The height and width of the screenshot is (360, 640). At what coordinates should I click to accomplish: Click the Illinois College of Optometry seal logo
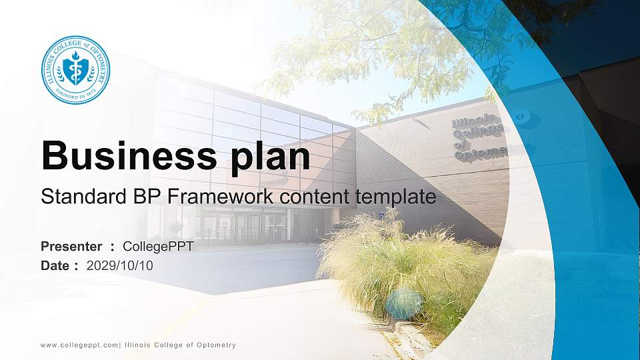[x=75, y=70]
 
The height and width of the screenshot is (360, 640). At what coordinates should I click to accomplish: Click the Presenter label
[x=71, y=247]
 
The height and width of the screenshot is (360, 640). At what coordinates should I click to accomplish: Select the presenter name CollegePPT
[x=159, y=247]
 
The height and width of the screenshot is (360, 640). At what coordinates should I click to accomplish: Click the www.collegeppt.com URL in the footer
[x=79, y=345]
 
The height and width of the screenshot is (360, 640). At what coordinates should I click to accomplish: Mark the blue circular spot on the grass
[x=404, y=303]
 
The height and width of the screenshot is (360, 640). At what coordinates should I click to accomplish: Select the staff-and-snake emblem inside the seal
[x=75, y=70]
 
